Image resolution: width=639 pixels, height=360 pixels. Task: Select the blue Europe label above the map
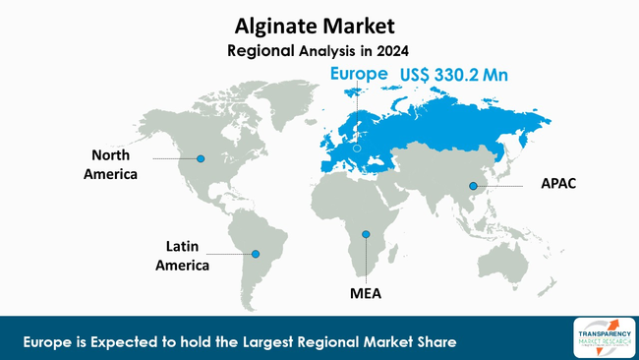[x=359, y=74]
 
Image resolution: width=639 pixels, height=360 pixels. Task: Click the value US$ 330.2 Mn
[x=458, y=74]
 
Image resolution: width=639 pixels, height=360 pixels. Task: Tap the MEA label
[x=365, y=293]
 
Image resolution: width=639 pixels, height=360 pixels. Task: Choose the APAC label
[x=559, y=184]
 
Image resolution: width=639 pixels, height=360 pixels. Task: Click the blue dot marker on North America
[x=201, y=158]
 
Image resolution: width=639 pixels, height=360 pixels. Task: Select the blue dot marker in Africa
[x=365, y=233]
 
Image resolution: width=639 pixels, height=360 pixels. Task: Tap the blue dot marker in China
[x=473, y=186]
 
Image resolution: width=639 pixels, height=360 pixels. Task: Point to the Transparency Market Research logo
[x=598, y=334]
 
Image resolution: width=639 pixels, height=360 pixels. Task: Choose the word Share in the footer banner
[x=436, y=341]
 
